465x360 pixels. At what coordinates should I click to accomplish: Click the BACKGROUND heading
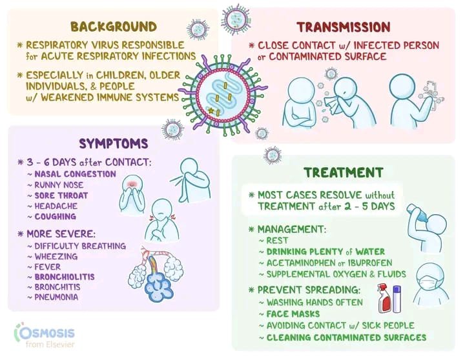click(x=113, y=27)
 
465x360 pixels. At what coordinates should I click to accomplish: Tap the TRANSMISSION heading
click(x=343, y=27)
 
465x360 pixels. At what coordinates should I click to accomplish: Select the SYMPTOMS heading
click(x=113, y=143)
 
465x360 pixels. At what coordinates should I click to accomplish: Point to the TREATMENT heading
click(x=344, y=173)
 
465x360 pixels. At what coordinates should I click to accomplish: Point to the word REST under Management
click(x=274, y=241)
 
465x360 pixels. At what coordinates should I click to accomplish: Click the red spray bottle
click(x=385, y=298)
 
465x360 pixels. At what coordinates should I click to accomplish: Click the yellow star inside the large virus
click(x=211, y=112)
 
